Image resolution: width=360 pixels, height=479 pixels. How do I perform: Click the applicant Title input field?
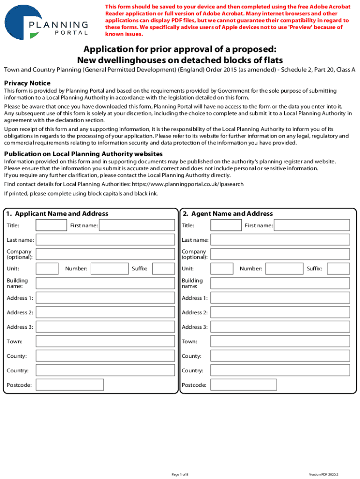tap(51, 225)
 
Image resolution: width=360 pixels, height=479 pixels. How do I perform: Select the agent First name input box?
tap(311, 225)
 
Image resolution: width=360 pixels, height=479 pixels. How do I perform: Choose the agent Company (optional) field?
tap(280, 254)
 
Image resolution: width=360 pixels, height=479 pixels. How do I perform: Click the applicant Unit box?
tap(47, 269)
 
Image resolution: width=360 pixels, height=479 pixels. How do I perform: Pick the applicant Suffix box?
tap(164, 269)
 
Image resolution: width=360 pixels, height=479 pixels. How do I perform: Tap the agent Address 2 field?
tap(280, 312)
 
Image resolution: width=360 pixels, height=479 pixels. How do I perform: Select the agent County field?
tap(280, 356)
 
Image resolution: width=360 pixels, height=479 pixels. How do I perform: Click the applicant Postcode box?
tap(70, 385)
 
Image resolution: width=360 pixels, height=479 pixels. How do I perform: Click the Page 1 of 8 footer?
tap(180, 474)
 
